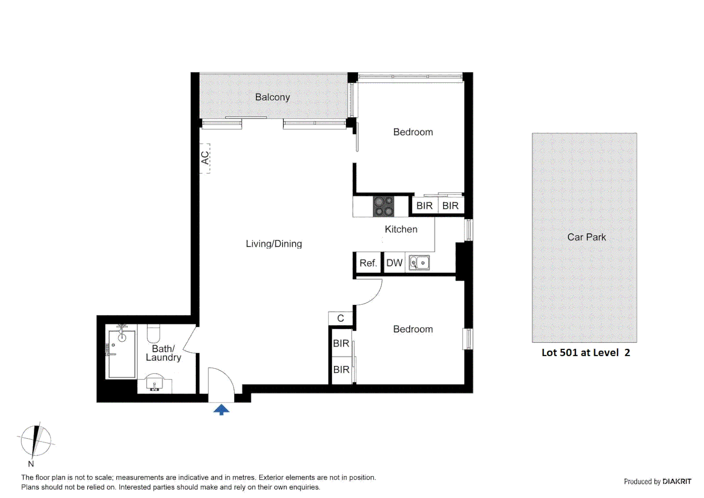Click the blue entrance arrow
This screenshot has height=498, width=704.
click(222, 409)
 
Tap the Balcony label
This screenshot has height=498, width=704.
click(272, 97)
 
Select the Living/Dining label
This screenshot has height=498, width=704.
click(274, 244)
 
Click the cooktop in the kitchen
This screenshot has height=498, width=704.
click(383, 206)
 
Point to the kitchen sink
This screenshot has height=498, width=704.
click(419, 263)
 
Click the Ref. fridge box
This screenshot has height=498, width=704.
click(368, 263)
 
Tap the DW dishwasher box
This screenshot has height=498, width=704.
click(394, 263)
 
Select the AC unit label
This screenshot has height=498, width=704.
click(205, 158)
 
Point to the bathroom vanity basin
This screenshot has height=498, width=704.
click(154, 385)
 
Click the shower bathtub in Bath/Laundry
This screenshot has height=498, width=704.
click(121, 353)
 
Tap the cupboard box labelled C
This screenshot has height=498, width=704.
click(340, 319)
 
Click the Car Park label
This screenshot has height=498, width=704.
click(586, 237)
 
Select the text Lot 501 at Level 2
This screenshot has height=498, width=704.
click(585, 353)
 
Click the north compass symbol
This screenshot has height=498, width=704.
click(35, 441)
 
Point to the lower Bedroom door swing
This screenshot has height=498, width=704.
click(369, 292)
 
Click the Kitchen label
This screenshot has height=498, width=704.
click(401, 229)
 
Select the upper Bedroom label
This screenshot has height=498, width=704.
click(413, 132)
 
